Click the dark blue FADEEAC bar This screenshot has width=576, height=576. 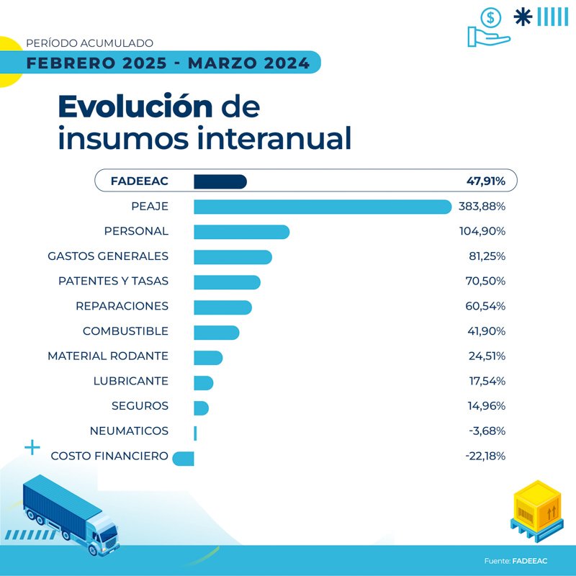tap(220, 181)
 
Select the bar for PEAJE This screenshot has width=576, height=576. tap(323, 207)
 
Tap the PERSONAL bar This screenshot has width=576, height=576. tap(241, 232)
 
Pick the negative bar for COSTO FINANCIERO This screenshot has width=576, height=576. tap(184, 457)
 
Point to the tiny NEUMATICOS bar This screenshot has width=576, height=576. tap(195, 432)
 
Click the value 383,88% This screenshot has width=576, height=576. tap(482, 207)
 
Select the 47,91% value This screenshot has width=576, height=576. tap(485, 181)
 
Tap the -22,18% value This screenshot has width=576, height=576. tap(485, 456)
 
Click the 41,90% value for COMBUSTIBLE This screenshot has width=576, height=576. tap(486, 331)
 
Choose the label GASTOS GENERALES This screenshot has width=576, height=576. tap(108, 256)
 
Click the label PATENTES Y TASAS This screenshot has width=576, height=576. tap(113, 282)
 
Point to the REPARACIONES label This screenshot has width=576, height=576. tap(122, 306)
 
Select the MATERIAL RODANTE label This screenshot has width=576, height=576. tap(108, 356)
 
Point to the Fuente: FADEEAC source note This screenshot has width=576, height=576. tap(515, 560)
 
